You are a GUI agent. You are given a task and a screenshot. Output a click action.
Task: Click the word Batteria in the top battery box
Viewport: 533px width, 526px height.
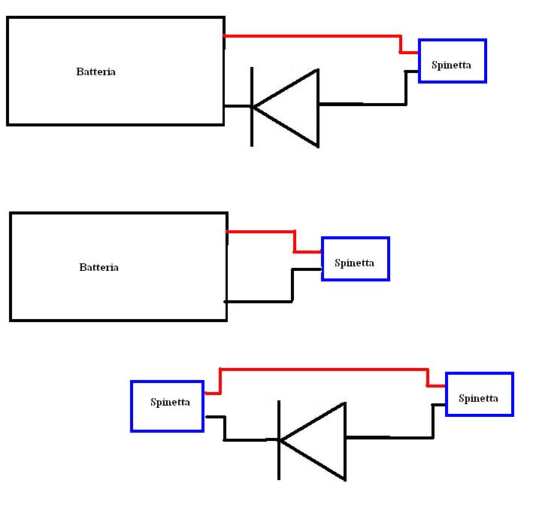(x=96, y=72)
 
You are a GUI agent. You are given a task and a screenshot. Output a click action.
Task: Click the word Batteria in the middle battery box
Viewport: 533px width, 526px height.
(x=98, y=267)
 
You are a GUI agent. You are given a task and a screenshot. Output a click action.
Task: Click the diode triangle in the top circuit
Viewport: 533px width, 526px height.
(x=293, y=107)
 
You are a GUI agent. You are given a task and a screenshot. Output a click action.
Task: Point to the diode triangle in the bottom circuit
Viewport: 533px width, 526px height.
(x=320, y=440)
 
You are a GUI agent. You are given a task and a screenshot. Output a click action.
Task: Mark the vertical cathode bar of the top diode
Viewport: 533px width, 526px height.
(x=251, y=128)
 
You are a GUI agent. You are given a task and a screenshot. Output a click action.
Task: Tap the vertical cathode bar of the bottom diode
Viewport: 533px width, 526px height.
(x=279, y=459)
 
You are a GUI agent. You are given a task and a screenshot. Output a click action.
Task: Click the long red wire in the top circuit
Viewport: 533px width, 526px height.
(x=312, y=35)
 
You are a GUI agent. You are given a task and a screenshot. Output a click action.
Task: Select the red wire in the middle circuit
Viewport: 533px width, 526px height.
(x=260, y=231)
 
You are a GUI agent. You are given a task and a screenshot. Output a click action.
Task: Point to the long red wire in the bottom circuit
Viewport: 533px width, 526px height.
(x=323, y=369)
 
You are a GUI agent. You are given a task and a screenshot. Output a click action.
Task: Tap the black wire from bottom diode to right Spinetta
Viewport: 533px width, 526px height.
(x=389, y=436)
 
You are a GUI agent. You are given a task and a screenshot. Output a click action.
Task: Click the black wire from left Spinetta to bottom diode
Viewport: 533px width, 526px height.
(x=244, y=439)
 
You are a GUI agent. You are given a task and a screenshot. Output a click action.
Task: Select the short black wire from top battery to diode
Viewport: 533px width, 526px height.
(x=237, y=106)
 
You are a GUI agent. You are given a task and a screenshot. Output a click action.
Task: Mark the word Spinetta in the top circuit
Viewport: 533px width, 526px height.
(x=451, y=65)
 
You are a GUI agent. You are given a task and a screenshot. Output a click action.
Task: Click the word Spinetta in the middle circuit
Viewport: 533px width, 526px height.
(x=354, y=263)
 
